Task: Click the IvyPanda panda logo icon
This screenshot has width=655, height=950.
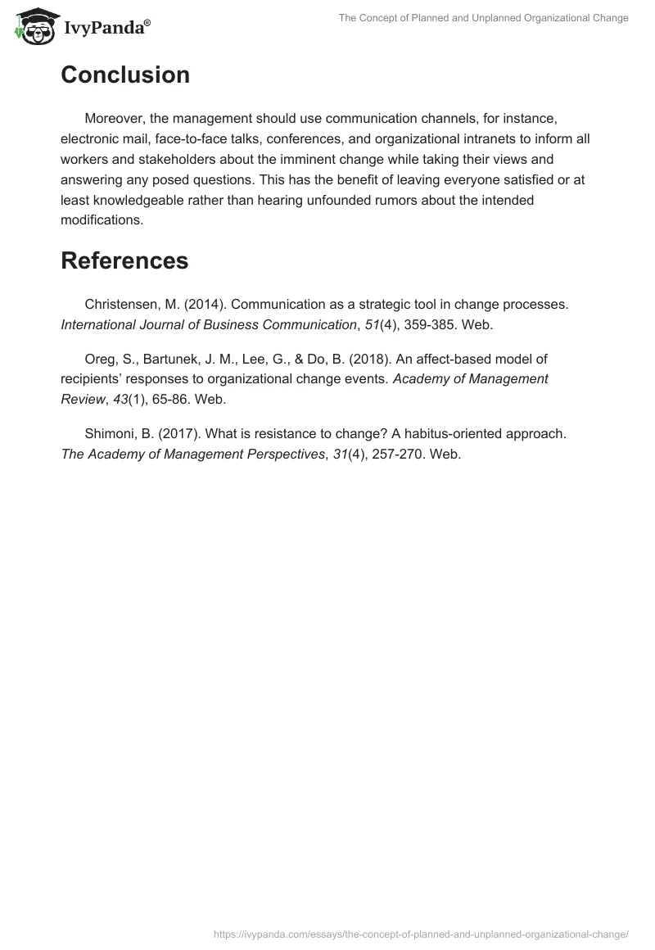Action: point(32,25)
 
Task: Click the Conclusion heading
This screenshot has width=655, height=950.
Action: point(125,75)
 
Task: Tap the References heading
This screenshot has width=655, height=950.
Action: point(124,260)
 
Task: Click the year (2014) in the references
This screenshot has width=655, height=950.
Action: point(203,304)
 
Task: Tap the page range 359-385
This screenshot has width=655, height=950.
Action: point(427,324)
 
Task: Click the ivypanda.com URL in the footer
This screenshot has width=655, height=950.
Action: point(421,934)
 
